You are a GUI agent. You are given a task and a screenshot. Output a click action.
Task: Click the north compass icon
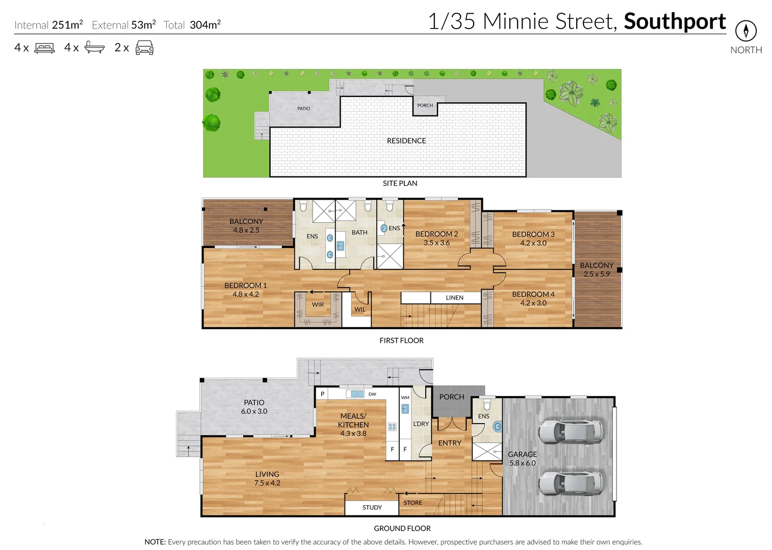[745, 31]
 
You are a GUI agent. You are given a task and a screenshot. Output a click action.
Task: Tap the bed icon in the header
[44, 48]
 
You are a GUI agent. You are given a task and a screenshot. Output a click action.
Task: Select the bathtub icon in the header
[94, 47]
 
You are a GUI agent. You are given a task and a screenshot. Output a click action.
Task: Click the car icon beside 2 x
[144, 47]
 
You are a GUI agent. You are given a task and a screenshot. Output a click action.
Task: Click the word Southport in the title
[674, 21]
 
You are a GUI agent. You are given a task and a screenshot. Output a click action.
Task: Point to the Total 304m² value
[204, 25]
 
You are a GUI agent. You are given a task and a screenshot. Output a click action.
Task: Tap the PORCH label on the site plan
[425, 105]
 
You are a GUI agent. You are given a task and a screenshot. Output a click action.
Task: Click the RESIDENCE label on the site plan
[406, 141]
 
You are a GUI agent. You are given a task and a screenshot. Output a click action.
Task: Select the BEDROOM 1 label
[245, 286]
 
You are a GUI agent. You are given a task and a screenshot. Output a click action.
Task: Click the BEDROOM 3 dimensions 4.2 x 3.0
[533, 243]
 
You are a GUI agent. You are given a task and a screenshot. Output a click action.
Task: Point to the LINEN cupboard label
[454, 298]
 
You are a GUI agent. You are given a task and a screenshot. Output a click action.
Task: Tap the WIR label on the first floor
[318, 305]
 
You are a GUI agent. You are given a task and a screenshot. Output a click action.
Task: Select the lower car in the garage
[570, 483]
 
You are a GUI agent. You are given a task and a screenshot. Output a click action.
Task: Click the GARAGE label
[522, 454]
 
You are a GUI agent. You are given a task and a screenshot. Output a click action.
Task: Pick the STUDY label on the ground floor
[372, 508]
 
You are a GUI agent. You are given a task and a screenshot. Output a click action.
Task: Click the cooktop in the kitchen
[392, 427]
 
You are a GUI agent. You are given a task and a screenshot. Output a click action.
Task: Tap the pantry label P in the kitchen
[322, 394]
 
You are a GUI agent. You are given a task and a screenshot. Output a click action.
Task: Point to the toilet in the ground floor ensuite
[486, 404]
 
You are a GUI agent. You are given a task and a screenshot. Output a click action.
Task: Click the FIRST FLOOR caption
[401, 341]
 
